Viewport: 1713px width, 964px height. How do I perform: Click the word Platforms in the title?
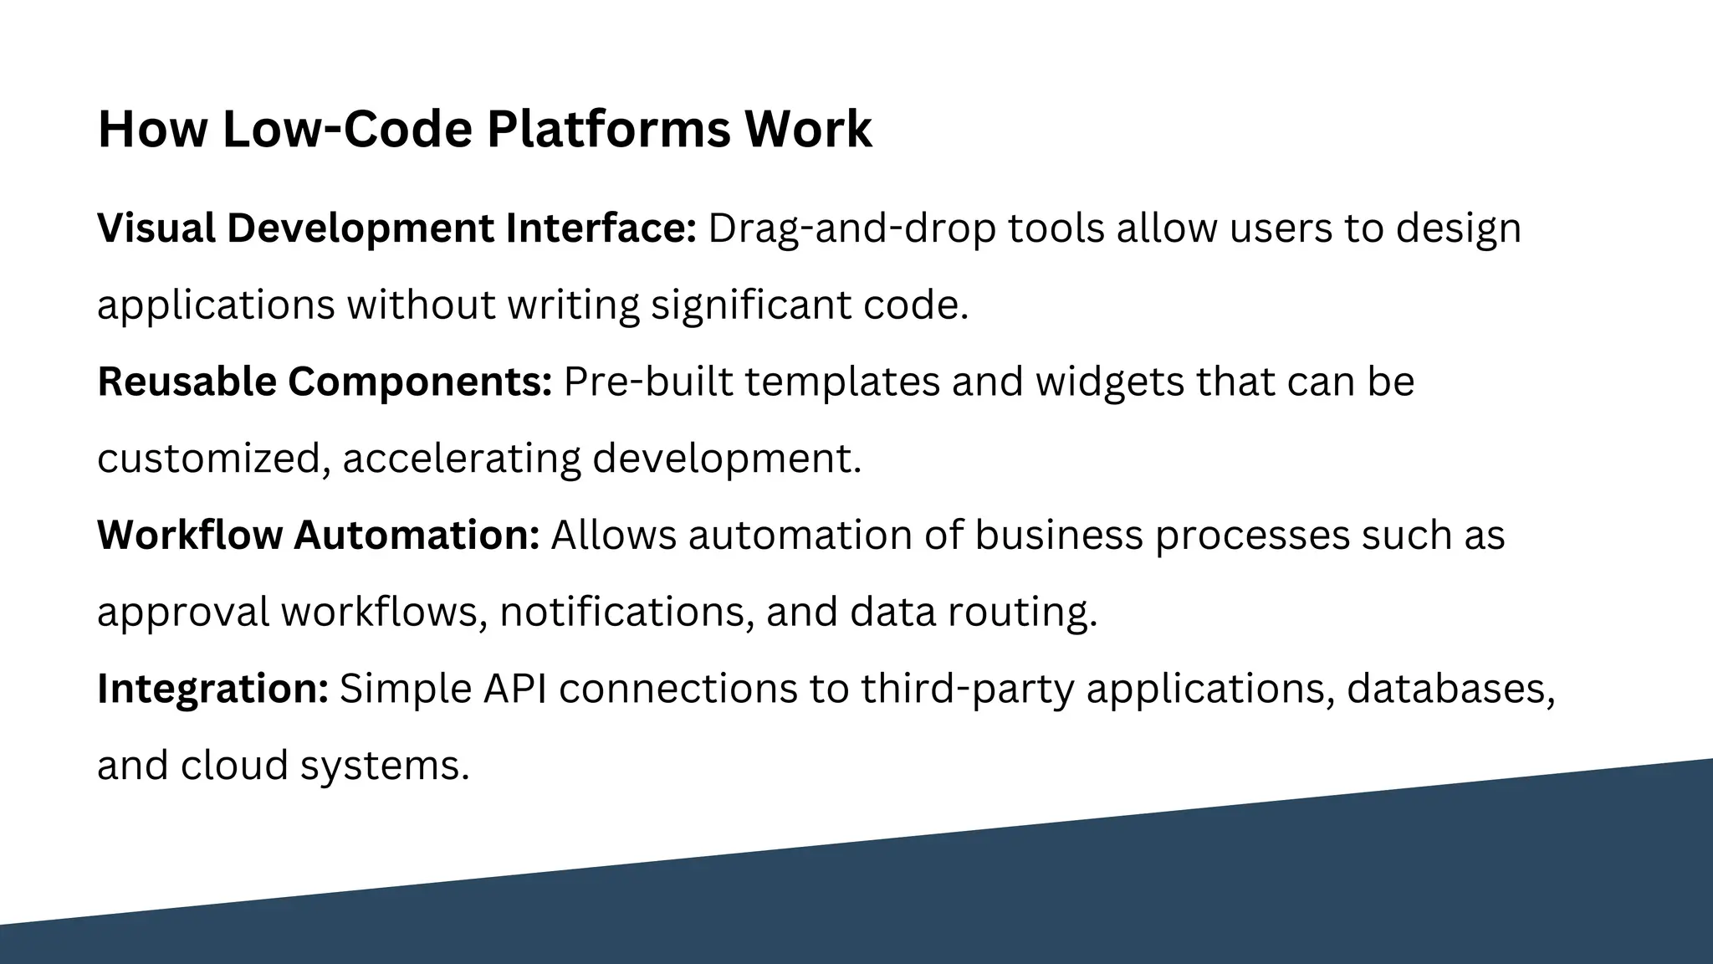click(608, 130)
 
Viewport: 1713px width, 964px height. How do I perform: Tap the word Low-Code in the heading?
click(347, 130)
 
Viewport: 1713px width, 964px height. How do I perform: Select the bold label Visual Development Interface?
click(396, 228)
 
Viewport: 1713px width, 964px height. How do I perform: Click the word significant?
click(751, 305)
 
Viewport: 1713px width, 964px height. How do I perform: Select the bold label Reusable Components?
click(325, 382)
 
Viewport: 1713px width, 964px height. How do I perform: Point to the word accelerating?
click(461, 459)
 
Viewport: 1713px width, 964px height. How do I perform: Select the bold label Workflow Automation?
click(319, 536)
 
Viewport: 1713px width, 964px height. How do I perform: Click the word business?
click(1058, 536)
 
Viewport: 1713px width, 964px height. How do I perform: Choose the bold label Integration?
click(213, 689)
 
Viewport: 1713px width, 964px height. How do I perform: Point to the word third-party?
click(967, 689)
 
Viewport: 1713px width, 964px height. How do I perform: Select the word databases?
click(1450, 689)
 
